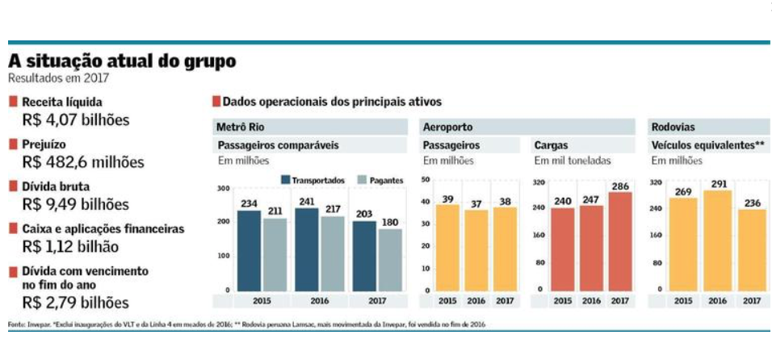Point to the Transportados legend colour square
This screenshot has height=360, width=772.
tap(286, 180)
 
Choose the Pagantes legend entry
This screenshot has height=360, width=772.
tap(381, 180)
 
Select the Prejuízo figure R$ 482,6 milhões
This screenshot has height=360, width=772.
tap(83, 162)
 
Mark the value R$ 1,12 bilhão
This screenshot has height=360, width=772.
tap(71, 246)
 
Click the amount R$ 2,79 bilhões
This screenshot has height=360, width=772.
tap(76, 303)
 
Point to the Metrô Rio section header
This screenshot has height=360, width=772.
tap(240, 127)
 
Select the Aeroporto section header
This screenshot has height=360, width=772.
tap(447, 127)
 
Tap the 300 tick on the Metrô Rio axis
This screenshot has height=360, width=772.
tap(224, 188)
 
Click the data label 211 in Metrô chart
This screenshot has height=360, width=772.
tap(275, 212)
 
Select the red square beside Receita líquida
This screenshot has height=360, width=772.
tap(13, 103)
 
